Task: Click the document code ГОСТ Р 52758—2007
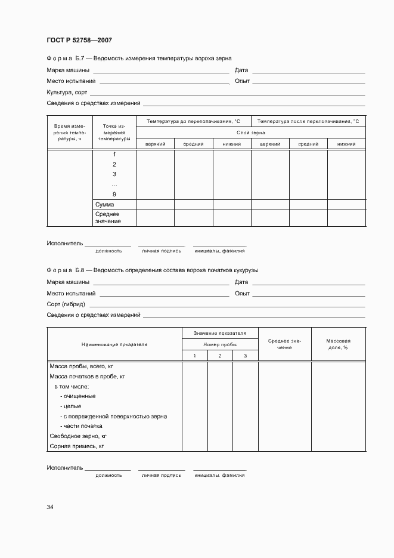click(x=79, y=41)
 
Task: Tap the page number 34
click(x=50, y=507)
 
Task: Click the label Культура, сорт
click(x=67, y=93)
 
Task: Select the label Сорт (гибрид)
click(x=66, y=304)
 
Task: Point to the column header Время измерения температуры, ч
click(x=70, y=132)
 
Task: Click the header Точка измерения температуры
click(x=114, y=132)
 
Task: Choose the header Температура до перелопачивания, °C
click(x=193, y=121)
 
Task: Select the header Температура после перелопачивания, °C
click(x=308, y=121)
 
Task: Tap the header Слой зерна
click(x=251, y=132)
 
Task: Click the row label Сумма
click(x=104, y=204)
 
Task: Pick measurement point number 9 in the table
click(x=114, y=195)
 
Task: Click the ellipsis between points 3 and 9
click(x=114, y=184)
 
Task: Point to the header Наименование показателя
click(x=114, y=344)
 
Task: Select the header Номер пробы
click(x=219, y=344)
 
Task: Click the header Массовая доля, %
click(x=338, y=344)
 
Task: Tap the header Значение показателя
click(x=219, y=333)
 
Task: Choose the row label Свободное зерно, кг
click(x=77, y=436)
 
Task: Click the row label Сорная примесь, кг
click(x=76, y=446)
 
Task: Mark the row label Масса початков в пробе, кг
click(x=87, y=376)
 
